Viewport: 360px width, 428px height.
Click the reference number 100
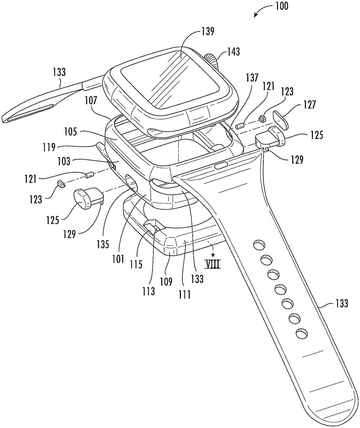coord(282,6)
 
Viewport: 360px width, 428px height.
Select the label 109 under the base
coord(167,281)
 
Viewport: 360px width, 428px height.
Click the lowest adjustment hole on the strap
coord(301,333)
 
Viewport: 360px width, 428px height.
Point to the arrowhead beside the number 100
coord(255,15)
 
